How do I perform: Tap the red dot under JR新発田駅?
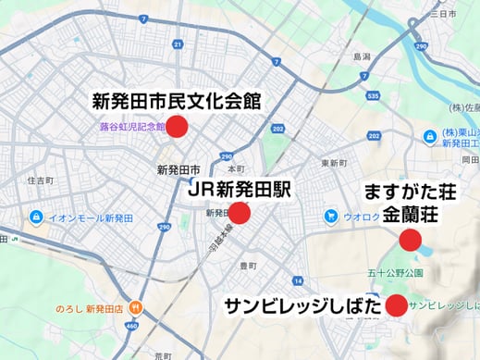(240, 214)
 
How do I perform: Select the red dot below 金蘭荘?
(409, 242)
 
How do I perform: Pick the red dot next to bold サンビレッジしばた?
(397, 304)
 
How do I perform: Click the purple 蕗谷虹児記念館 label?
(132, 128)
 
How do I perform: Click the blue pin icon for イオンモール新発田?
(35, 217)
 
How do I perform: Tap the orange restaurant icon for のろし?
(136, 307)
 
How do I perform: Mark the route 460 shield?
(132, 326)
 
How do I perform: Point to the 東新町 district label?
(333, 163)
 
